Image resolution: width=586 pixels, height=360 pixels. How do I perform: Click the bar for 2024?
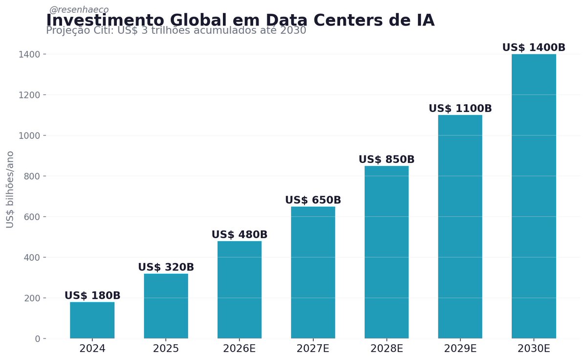tap(92, 320)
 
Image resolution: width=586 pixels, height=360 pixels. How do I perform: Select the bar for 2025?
tap(166, 306)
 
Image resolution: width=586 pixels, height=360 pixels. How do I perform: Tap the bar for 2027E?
tap(313, 272)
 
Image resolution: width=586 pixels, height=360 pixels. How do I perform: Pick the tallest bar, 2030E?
tap(534, 196)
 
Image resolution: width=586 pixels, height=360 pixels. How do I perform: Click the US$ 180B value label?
tap(92, 296)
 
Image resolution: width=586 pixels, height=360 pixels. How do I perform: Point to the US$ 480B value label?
tap(239, 235)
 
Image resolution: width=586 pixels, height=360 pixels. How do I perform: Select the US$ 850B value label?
tap(387, 159)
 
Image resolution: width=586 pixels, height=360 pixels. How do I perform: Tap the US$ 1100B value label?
tap(460, 109)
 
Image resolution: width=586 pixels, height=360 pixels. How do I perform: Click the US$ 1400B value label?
tap(534, 47)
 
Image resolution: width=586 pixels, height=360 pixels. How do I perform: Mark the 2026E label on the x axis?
tap(239, 349)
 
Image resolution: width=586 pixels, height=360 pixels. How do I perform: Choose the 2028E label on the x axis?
tap(387, 349)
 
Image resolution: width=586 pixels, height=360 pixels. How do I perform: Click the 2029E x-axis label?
tap(460, 349)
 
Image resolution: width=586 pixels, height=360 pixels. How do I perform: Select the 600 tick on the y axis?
tap(32, 217)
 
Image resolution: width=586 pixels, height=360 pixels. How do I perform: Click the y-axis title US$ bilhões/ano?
tap(10, 189)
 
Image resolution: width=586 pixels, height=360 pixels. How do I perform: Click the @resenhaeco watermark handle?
tap(79, 9)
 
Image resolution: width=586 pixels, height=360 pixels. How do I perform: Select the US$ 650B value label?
tap(313, 200)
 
